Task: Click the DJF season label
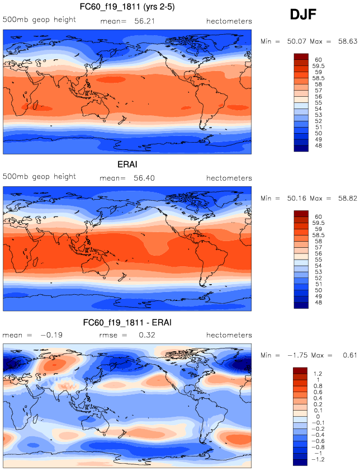tap(304, 15)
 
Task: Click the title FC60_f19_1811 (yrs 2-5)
tap(127, 7)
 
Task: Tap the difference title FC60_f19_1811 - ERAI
tap(127, 323)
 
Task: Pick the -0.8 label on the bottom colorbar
tap(320, 446)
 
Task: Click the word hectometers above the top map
tap(229, 21)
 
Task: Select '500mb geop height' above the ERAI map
tap(39, 177)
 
